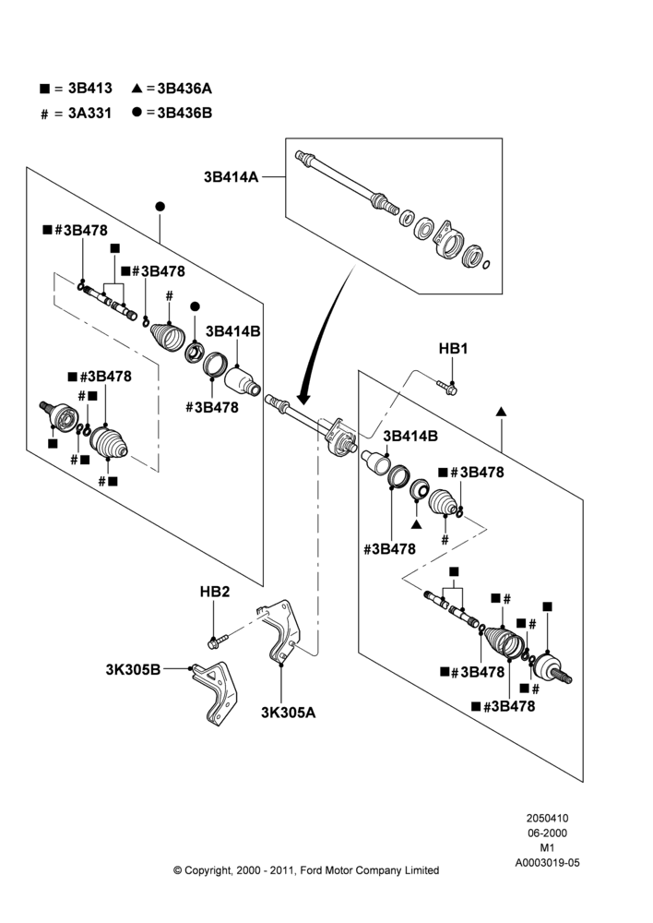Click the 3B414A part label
pyautogui.click(x=232, y=176)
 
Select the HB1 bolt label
pyautogui.click(x=453, y=349)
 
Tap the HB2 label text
pyautogui.click(x=215, y=592)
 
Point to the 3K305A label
pyautogui.click(x=289, y=713)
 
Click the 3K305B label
pyautogui.click(x=133, y=669)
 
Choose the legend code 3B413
pyautogui.click(x=90, y=89)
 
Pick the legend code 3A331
pyautogui.click(x=90, y=113)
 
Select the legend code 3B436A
pyautogui.click(x=184, y=89)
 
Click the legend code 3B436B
pyautogui.click(x=184, y=113)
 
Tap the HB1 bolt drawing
pyautogui.click(x=447, y=387)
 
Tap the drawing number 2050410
pyautogui.click(x=547, y=818)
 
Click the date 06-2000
pyautogui.click(x=547, y=833)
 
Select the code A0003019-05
pyautogui.click(x=547, y=863)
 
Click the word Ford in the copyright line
pyautogui.click(x=314, y=870)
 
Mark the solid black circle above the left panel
pyautogui.click(x=160, y=207)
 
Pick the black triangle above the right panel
pyautogui.click(x=501, y=412)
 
